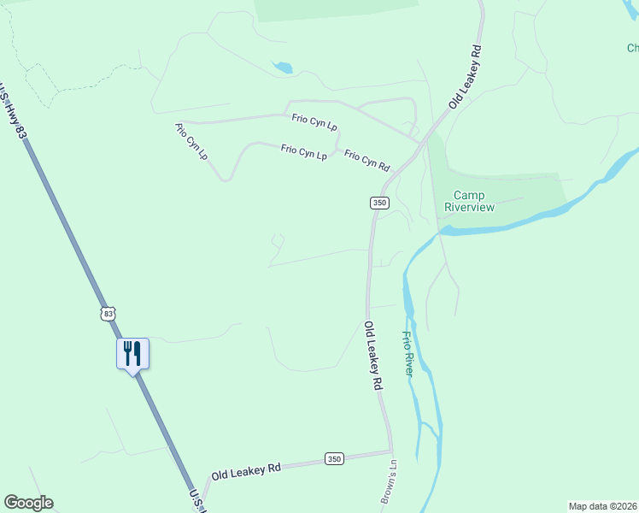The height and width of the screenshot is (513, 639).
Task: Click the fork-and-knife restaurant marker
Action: pos(132,353)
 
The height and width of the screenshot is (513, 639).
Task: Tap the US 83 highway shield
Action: pos(107,314)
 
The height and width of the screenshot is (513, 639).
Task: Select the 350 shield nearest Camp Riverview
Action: pos(379,203)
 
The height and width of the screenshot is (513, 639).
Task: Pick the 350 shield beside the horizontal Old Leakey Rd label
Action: pos(334,459)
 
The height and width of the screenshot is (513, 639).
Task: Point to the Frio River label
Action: pos(408,354)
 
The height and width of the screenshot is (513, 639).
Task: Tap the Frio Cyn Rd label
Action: pos(366,160)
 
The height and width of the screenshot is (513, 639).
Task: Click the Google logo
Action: pos(28,503)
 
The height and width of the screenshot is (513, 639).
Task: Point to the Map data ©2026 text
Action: pos(603,506)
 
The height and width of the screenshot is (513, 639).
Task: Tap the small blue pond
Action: pos(283,67)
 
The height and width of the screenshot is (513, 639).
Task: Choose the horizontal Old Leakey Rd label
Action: pos(247,469)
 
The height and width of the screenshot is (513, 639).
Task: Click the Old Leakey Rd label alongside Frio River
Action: pos(372,356)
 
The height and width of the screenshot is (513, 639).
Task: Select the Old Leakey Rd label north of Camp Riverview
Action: pos(466,76)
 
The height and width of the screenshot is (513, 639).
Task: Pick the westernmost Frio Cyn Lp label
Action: pos(191,142)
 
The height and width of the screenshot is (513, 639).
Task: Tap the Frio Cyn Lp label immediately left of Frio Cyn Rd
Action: pos(304,152)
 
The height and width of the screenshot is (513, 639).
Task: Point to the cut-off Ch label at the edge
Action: pos(631,49)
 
